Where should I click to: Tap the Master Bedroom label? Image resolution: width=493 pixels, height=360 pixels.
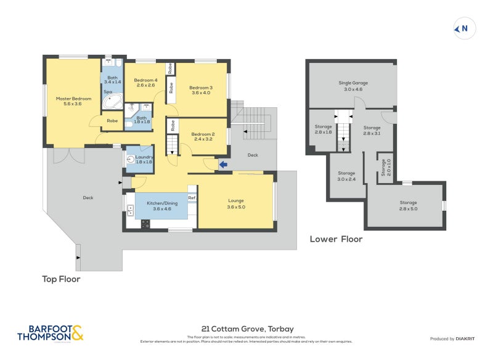click(73, 99)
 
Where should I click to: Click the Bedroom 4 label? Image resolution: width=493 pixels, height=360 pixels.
click(146, 80)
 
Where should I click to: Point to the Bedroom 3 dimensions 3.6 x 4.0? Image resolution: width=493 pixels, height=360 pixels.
click(201, 92)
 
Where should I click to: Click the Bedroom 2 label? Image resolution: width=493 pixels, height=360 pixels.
click(202, 134)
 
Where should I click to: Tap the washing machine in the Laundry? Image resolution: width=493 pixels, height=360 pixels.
click(130, 159)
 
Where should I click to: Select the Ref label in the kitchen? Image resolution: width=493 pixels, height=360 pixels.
click(192, 197)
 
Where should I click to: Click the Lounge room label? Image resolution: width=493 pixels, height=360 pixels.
click(236, 200)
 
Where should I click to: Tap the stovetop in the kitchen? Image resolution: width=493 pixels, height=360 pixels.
click(145, 224)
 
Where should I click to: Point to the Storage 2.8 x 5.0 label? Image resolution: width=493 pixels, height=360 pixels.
click(408, 202)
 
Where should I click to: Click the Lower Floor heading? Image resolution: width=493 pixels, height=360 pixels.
click(336, 239)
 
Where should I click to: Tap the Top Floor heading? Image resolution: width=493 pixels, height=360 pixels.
click(61, 279)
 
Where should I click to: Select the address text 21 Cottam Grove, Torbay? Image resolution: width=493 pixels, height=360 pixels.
click(246, 329)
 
